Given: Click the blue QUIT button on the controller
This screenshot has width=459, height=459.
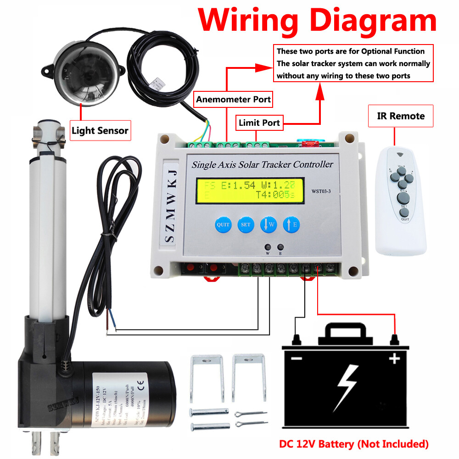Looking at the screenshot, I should click(x=223, y=225).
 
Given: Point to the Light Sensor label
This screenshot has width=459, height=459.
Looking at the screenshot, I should click(x=100, y=131).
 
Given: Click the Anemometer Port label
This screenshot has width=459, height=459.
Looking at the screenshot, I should click(x=233, y=99).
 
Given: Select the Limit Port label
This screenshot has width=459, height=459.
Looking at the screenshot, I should click(x=259, y=123).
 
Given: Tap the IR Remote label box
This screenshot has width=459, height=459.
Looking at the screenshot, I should click(x=401, y=116).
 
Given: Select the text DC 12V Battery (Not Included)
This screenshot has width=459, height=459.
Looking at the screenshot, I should click(x=354, y=444).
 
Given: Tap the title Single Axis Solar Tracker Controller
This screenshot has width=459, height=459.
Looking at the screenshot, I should click(x=262, y=164).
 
